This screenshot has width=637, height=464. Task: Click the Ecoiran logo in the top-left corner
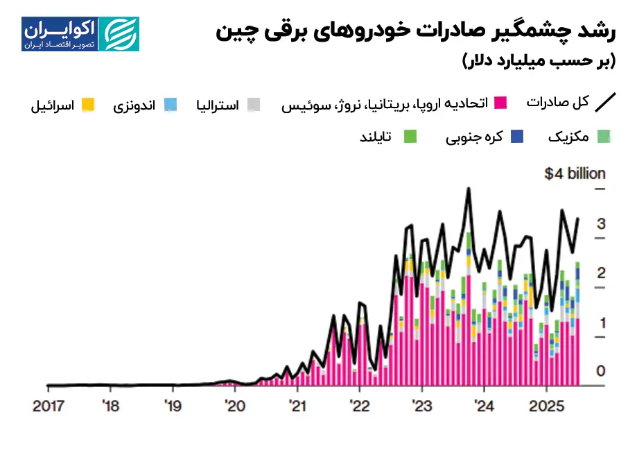pyautogui.click(x=80, y=34)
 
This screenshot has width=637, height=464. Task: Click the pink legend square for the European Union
pyautogui.click(x=500, y=103)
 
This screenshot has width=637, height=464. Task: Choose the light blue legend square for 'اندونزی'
pyautogui.click(x=171, y=105)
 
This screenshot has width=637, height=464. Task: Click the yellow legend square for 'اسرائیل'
pyautogui.click(x=87, y=105)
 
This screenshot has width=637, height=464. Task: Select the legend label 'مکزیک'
pyautogui.click(x=568, y=136)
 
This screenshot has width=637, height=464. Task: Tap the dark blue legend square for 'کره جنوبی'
pyautogui.click(x=516, y=137)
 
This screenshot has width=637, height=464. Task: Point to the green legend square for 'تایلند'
pyautogui.click(x=410, y=137)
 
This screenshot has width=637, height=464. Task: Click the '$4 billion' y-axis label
pyautogui.click(x=575, y=173)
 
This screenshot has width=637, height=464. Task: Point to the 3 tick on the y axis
pyautogui.click(x=602, y=223)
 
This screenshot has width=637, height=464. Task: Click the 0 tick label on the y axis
pyautogui.click(x=601, y=371)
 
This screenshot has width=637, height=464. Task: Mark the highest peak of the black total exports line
pyautogui.click(x=469, y=189)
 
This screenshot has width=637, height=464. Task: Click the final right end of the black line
pyautogui.click(x=579, y=218)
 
